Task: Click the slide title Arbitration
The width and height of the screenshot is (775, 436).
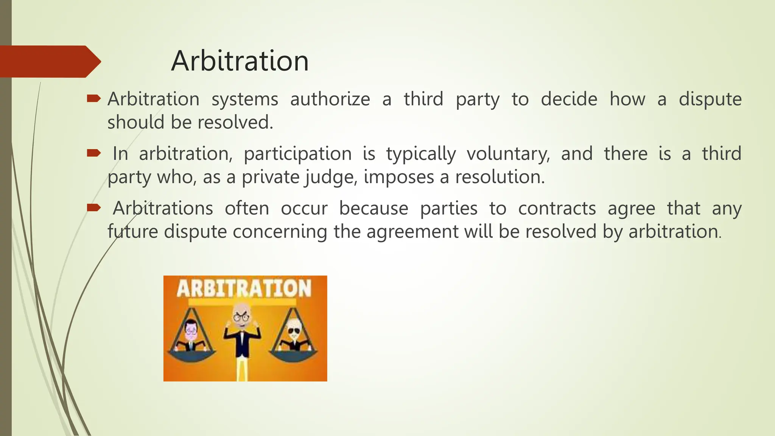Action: pos(240,61)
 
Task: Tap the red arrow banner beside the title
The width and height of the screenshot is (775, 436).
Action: pos(49,61)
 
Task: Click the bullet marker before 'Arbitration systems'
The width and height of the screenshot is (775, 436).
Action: pos(93,99)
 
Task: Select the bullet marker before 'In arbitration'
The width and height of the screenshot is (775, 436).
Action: pos(93,153)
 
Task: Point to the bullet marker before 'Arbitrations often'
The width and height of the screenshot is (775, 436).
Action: pos(93,208)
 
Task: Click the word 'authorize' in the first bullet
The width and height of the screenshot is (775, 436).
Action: pos(330,99)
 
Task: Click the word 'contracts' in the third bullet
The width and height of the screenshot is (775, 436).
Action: pos(557,209)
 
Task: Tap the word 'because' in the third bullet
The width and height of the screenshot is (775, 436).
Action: pos(373,209)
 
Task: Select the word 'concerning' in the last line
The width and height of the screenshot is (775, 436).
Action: pos(280,232)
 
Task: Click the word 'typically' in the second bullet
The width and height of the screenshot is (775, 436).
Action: pos(421,154)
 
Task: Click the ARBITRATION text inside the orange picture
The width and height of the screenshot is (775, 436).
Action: pos(244,288)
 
